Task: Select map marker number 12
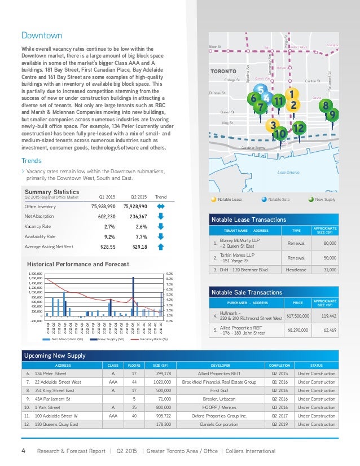pyautogui.click(x=299, y=129)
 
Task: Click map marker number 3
pyautogui.click(x=273, y=125)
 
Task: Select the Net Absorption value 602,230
pyautogui.click(x=103, y=216)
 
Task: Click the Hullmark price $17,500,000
pyautogui.click(x=300, y=315)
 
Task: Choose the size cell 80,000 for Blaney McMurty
pyautogui.click(x=329, y=243)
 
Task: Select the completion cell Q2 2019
pyautogui.click(x=279, y=424)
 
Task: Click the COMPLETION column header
pyautogui.click(x=279, y=365)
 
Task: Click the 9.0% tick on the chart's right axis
pyautogui.click(x=169, y=274)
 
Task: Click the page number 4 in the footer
pyautogui.click(x=23, y=451)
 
